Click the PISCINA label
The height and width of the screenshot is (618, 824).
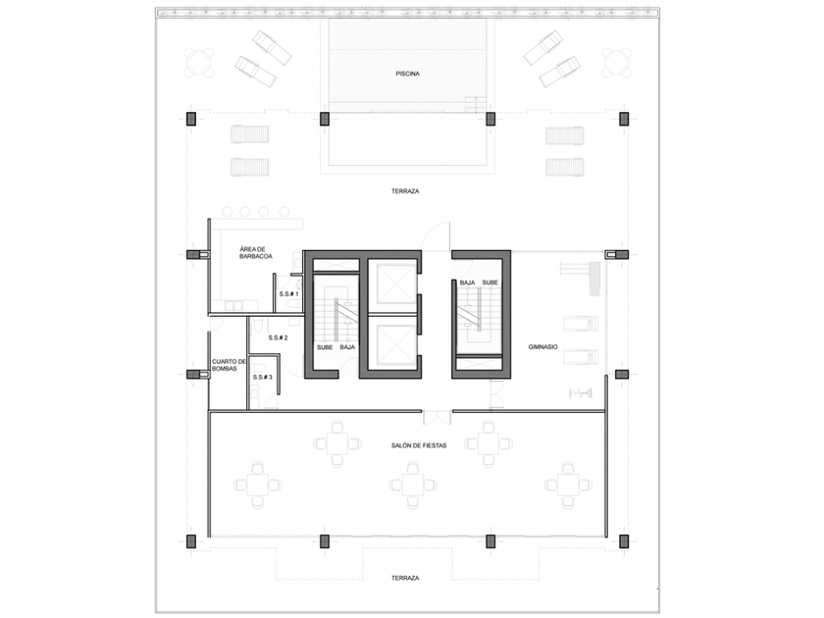[407, 75]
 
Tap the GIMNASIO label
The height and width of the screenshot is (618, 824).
[542, 347]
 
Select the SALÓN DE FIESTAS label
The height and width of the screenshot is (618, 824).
[419, 445]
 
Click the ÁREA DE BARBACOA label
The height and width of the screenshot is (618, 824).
[256, 253]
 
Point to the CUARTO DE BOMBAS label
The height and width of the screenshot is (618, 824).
[229, 365]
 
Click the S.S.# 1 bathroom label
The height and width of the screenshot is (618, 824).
[288, 294]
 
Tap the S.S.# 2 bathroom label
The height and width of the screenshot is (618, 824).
[278, 337]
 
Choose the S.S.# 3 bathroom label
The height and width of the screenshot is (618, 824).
[262, 378]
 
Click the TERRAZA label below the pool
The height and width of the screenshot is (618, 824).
[405, 192]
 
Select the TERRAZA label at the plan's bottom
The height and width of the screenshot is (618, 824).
[405, 578]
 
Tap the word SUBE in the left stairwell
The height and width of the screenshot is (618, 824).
[325, 347]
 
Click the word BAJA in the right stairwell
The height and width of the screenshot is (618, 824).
[467, 283]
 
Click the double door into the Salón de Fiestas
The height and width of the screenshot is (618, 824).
[437, 417]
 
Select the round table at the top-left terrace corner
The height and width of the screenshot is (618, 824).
[199, 62]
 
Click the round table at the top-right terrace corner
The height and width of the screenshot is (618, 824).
[616, 62]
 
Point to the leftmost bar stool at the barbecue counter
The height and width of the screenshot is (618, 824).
[227, 212]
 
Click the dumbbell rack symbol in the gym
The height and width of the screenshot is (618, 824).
[581, 392]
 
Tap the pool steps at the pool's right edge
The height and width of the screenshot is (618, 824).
[476, 105]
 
